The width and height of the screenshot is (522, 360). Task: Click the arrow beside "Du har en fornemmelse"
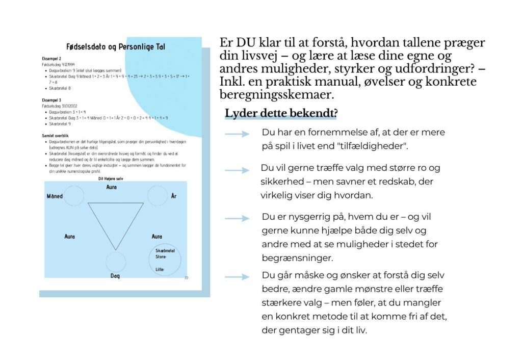[237, 134]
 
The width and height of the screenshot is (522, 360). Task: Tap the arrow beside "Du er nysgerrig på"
[237, 219]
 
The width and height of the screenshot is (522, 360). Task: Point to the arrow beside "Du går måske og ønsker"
[237, 277]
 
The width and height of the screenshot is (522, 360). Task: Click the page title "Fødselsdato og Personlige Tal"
[116, 47]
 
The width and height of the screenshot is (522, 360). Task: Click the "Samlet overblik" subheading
[56, 136]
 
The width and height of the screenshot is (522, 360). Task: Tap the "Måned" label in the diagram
[55, 196]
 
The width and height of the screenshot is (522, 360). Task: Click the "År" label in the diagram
[174, 196]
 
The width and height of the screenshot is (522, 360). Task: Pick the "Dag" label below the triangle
[115, 276]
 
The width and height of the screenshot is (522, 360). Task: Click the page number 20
[186, 278]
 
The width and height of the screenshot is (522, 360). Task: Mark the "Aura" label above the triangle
[112, 188]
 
